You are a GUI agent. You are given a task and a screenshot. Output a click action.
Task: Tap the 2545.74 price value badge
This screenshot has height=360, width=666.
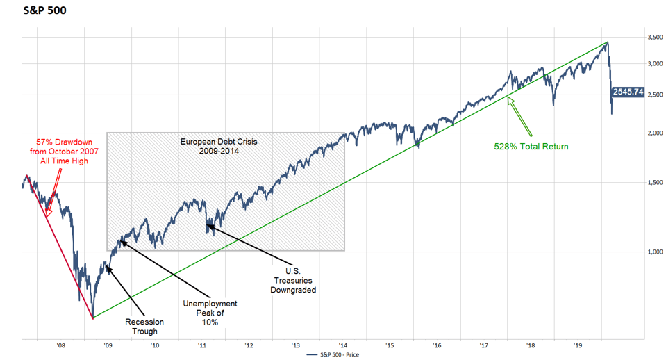628,92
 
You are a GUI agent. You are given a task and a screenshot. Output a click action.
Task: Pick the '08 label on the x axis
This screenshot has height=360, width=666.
61,343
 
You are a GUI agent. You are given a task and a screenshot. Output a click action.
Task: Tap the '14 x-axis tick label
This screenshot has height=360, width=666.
342,343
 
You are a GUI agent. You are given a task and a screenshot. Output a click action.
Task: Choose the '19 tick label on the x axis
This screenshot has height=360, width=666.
577,343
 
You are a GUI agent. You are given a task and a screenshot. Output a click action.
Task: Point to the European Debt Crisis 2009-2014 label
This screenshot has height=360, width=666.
219,145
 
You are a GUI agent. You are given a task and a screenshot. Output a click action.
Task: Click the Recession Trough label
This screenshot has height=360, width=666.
144,327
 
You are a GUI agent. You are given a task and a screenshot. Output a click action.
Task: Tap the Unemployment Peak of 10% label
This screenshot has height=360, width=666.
210,312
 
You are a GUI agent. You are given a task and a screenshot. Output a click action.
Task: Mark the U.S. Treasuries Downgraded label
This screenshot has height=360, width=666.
293,280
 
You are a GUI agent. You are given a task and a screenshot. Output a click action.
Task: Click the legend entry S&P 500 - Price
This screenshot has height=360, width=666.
335,354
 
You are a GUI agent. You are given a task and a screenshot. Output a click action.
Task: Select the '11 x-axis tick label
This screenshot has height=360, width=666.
202,343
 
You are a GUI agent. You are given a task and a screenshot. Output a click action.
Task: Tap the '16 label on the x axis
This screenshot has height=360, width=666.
436,343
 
